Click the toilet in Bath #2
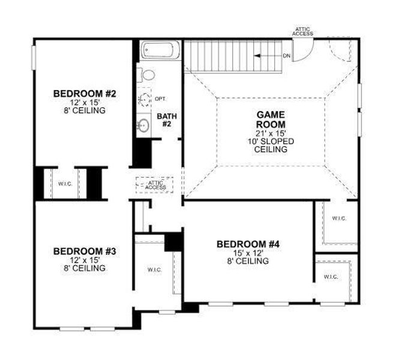[x=146, y=75]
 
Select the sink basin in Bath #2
[x=144, y=125]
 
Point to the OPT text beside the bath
[x=160, y=98]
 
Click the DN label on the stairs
[x=287, y=56]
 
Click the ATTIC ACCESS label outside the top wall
[x=302, y=31]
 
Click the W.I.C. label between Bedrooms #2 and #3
[x=65, y=183]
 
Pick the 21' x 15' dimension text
[x=271, y=133]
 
